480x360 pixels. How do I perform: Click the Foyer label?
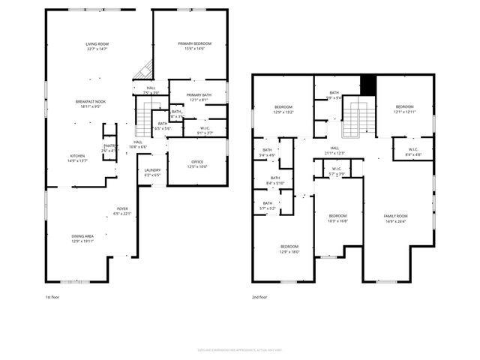pos(121,211)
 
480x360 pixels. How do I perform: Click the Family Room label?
pos(396,217)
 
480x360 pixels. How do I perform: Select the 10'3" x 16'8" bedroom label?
pos(337,217)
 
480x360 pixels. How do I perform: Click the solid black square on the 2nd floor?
pos(367,85)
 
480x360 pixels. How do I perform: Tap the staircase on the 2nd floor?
pos(357,119)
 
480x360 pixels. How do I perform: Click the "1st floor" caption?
pos(53,297)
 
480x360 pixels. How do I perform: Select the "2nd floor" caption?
pos(260,297)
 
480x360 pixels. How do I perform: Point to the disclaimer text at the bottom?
pos(239,347)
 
